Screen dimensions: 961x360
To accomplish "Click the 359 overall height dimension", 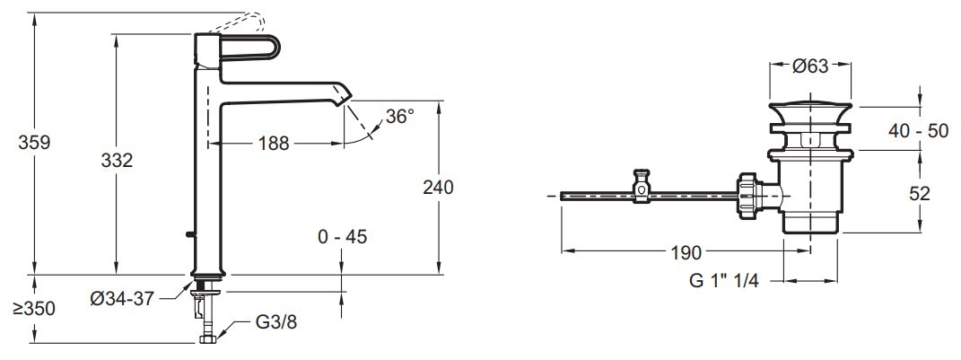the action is point(34,142).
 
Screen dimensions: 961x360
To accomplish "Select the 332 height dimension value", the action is point(117,161).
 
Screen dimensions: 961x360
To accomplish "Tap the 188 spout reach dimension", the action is point(274,144).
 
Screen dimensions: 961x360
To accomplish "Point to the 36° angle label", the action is point(400,116).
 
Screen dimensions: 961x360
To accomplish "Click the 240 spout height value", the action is point(438,187).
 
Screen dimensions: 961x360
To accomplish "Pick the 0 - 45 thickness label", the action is point(343,236).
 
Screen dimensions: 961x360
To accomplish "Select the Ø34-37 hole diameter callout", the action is point(122,299).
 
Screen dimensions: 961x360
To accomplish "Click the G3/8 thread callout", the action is point(275,322).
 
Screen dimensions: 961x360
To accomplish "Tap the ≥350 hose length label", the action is point(34,309).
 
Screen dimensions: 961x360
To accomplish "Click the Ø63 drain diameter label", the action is point(810,66).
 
